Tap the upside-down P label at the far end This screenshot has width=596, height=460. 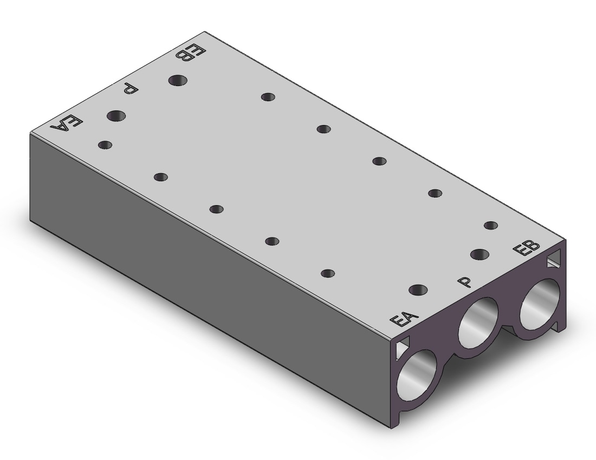pyautogui.click(x=131, y=90)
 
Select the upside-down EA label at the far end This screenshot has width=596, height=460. pyautogui.click(x=67, y=123)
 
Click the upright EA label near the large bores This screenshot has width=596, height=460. pyautogui.click(x=404, y=319)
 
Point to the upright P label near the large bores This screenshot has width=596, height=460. pyautogui.click(x=465, y=281)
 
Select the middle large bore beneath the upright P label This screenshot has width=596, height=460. pyautogui.click(x=479, y=322)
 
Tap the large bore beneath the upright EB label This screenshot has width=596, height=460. pyautogui.click(x=540, y=304)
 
